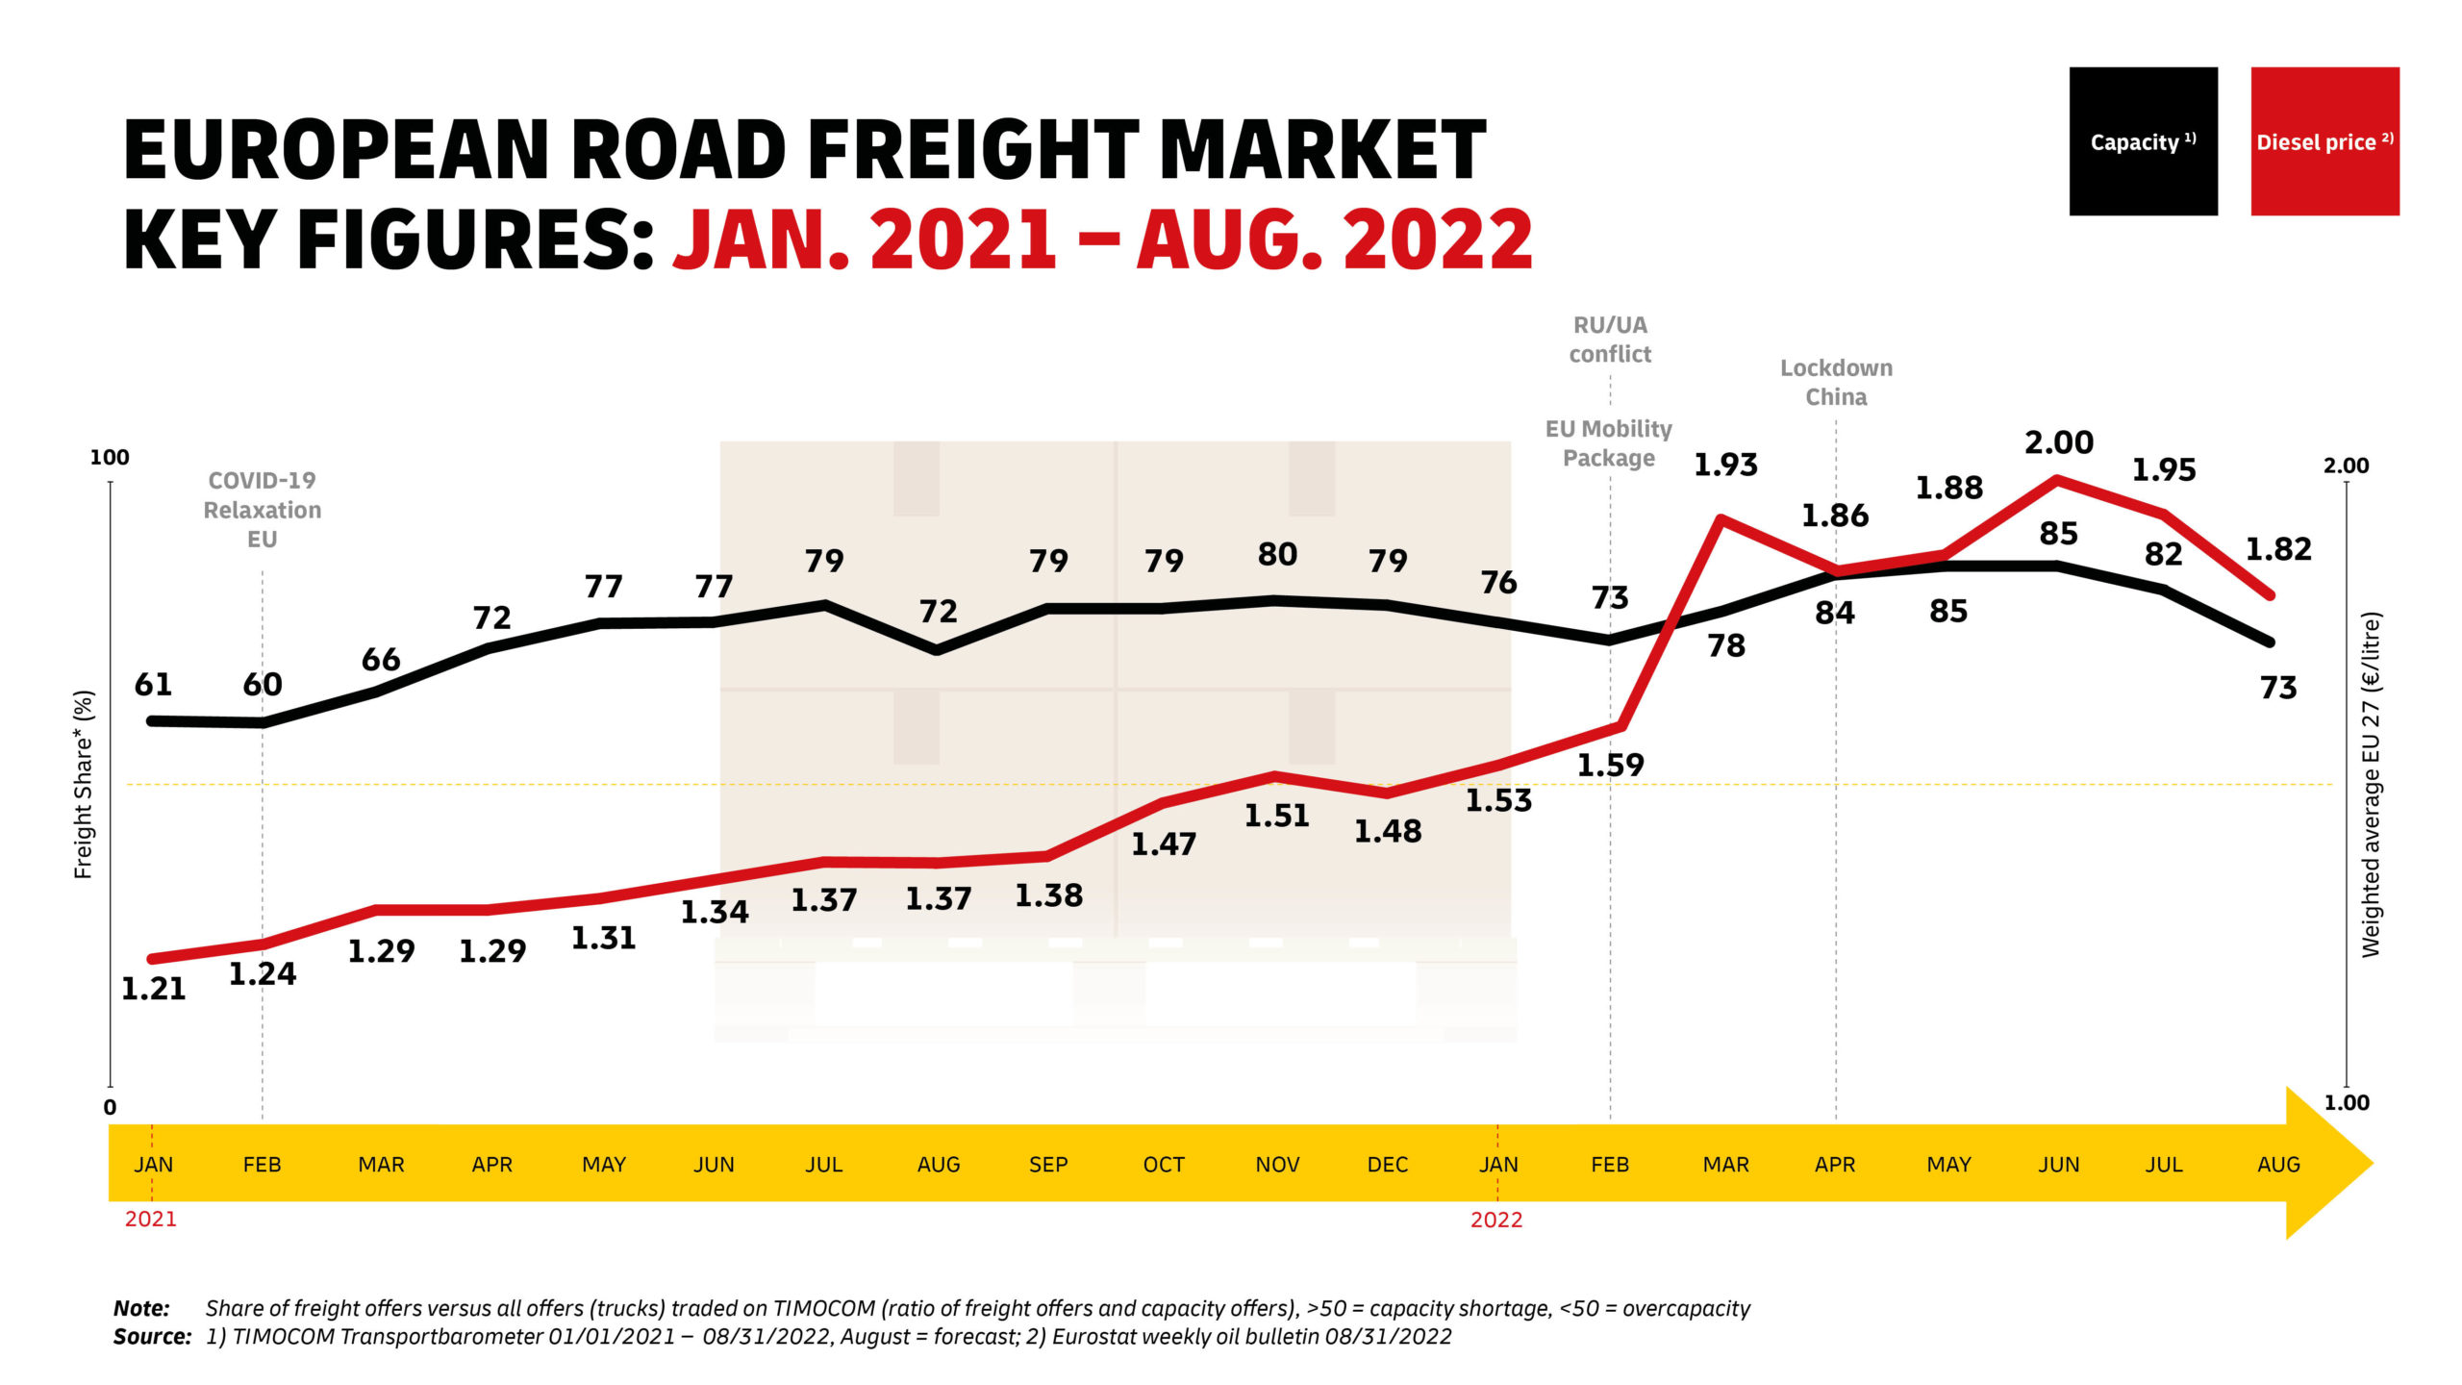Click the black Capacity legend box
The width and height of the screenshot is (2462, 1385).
2143,141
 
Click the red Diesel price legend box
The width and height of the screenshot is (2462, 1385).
2324,141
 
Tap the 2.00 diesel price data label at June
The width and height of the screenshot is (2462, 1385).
2058,442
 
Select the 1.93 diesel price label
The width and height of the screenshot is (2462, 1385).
1725,466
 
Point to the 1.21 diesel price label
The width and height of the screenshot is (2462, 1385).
153,989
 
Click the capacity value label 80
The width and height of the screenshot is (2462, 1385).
1277,554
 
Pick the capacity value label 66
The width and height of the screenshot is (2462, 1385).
381,660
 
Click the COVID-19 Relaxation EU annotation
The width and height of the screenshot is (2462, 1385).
262,510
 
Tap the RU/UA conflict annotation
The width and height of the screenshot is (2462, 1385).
1610,340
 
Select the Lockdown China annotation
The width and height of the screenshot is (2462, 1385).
1836,382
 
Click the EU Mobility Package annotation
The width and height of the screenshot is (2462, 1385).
1609,442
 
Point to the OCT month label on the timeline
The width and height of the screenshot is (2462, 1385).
1163,1165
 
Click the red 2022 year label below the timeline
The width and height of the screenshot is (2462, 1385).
1496,1220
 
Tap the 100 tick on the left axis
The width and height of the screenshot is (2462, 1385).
109,458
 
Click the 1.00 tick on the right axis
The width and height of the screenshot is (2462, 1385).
2347,1103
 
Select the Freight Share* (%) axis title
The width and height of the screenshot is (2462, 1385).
84,784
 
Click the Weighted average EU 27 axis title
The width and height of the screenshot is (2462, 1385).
2372,784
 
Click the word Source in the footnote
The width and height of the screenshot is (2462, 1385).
151,1336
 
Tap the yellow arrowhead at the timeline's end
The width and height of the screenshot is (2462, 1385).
2327,1163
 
